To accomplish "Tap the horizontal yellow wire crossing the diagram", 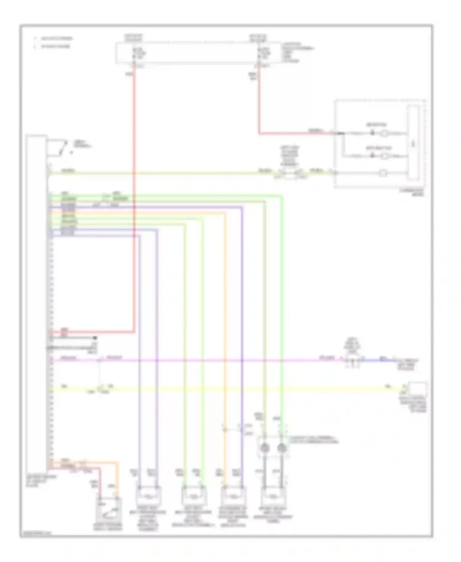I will point(215,389).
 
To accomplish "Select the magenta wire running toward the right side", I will point(215,360).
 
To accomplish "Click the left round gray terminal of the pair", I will point(264,448).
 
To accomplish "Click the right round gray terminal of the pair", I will point(282,448).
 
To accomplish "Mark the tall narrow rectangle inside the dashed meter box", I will point(413,143).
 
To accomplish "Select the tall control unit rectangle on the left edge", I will point(37,304).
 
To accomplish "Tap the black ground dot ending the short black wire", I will point(95,338).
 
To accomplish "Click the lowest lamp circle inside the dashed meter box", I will point(383,173).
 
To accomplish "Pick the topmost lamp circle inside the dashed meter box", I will point(384,133).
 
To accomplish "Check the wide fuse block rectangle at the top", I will point(198,53).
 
